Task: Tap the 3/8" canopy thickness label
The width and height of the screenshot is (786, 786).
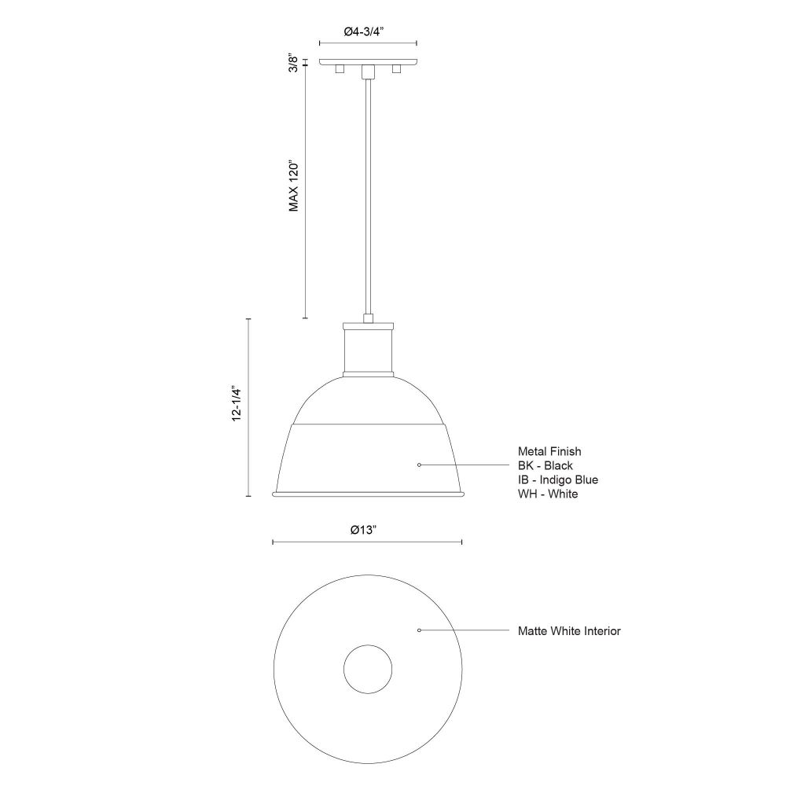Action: [294, 64]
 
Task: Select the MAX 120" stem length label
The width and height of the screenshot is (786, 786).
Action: [294, 186]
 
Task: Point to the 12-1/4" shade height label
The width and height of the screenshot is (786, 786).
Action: [237, 403]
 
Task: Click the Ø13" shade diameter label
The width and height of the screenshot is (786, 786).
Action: [363, 530]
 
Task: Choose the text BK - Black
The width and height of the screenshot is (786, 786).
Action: [545, 465]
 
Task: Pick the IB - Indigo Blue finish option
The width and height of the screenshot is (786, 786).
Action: [558, 479]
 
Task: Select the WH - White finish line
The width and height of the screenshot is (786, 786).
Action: [548, 494]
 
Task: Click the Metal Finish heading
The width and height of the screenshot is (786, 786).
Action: [549, 452]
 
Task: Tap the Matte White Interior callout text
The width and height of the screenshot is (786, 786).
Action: [569, 631]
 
